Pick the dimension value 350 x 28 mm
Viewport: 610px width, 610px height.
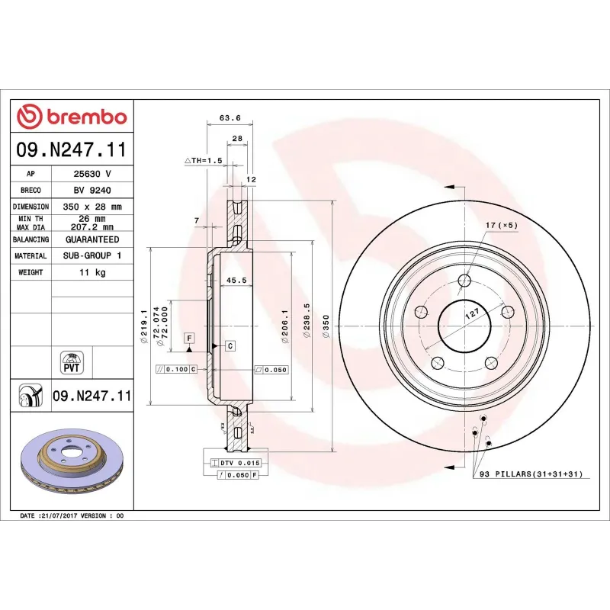pos(91,207)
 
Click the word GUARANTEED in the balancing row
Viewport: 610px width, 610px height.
pos(91,239)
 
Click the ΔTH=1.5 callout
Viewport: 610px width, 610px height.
pos(203,161)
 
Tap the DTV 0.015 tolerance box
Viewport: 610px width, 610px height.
pos(240,463)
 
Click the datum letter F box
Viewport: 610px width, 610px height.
pos(188,337)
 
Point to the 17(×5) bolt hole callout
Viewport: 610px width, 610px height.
pos(501,226)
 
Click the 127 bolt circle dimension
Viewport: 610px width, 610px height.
pos(473,313)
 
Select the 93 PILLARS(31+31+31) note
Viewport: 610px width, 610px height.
pos(531,474)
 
